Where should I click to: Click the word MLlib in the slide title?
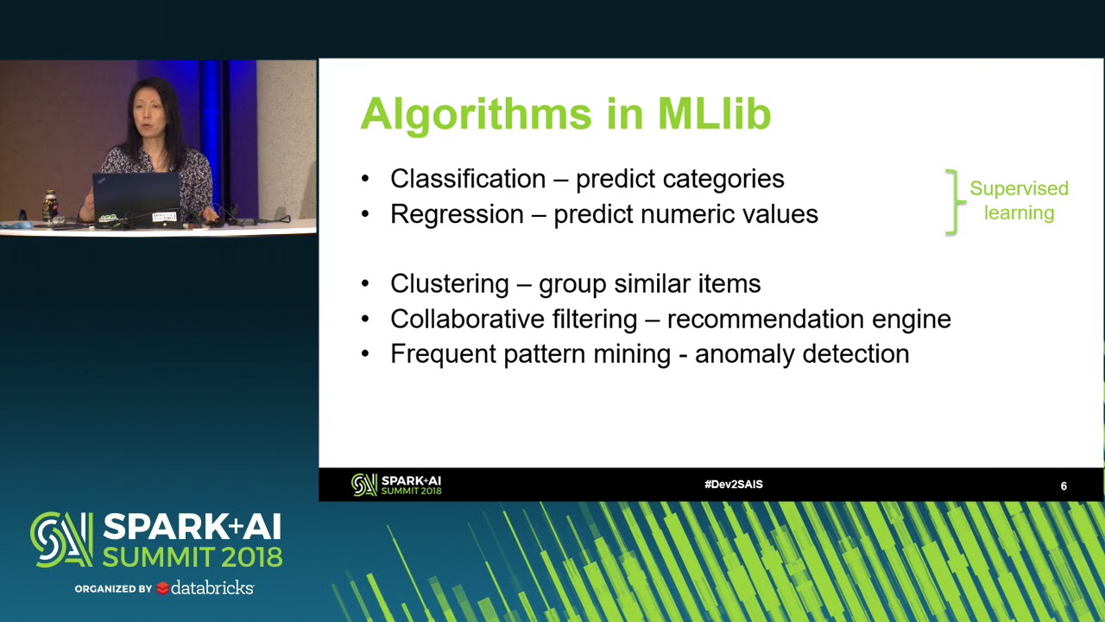(714, 114)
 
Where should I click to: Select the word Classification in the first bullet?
(467, 179)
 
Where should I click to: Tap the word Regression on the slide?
(457, 214)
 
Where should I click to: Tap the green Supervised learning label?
(1019, 200)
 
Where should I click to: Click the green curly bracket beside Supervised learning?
(952, 202)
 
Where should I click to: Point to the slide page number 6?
(1064, 486)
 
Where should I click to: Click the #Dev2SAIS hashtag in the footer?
(733, 485)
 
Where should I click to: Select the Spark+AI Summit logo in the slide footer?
(396, 485)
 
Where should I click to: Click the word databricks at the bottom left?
(212, 587)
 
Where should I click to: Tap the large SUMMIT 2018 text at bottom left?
(192, 556)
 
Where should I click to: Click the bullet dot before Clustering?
(365, 284)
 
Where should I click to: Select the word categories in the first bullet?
(723, 179)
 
